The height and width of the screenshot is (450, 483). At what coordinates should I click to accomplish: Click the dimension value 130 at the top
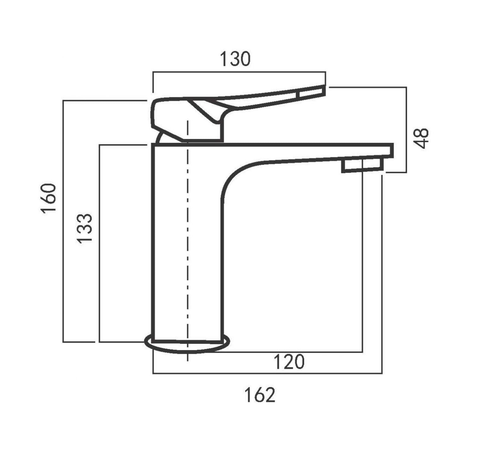coord(235,59)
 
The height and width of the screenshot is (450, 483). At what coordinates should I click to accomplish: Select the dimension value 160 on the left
coord(50,198)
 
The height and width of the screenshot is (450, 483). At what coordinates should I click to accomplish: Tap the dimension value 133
coord(85,228)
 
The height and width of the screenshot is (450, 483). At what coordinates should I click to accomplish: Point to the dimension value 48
coord(422,138)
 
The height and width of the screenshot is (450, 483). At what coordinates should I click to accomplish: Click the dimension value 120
coord(288,362)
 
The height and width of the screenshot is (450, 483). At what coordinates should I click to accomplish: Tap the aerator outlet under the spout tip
coord(362,166)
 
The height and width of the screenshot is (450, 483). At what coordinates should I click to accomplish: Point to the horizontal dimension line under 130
coord(239,72)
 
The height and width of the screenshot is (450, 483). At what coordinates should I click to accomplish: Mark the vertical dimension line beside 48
coord(406,130)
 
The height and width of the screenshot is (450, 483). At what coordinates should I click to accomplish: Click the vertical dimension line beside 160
coord(64,222)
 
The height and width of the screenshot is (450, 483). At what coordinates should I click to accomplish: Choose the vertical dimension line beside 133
coord(99,244)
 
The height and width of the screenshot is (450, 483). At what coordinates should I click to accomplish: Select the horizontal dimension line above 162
coord(267,373)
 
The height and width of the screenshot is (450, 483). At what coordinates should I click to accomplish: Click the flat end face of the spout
coord(393,151)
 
